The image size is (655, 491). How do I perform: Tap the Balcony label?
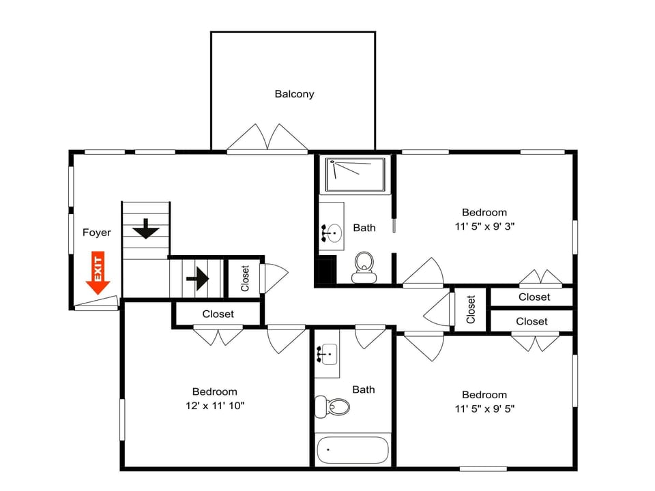294,94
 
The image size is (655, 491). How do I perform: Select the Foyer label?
96,233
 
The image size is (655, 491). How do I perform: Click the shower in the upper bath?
355,175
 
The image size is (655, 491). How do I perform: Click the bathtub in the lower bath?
353,450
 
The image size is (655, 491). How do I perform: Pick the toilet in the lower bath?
334,407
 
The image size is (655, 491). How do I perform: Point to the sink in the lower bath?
328,355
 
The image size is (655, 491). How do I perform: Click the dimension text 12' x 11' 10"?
214,406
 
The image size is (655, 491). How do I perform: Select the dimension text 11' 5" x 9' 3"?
484,226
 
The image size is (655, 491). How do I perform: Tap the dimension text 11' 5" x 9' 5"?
484,409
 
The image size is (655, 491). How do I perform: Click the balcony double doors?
267,138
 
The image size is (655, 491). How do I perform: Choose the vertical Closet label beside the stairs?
245,278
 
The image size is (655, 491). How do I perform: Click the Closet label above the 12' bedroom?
218,314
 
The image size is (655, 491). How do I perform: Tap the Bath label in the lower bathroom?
363,389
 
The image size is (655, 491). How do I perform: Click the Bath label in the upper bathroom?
364,227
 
